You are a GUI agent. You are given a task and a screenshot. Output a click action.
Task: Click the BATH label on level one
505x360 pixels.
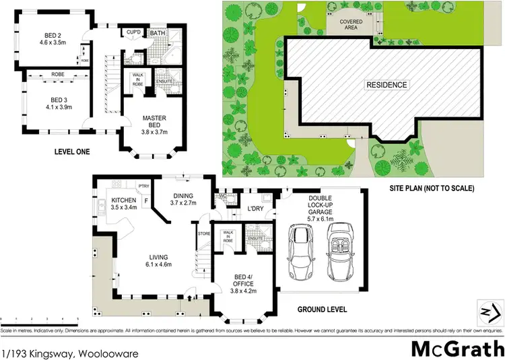tap(158, 32)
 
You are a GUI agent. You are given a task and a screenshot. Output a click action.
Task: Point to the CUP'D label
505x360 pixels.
tap(133, 32)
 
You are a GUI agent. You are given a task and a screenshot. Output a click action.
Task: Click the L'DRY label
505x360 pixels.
tap(255, 209)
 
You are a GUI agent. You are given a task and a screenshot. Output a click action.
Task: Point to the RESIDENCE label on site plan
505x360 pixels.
tap(386, 85)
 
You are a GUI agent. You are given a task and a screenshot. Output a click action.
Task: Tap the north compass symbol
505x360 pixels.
tap(490, 312)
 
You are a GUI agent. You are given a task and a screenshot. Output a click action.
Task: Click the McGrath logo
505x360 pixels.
tap(458, 349)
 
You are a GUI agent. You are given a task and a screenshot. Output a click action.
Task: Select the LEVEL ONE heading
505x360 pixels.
tap(72, 152)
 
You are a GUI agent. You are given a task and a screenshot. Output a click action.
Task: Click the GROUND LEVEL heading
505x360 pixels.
tap(322, 310)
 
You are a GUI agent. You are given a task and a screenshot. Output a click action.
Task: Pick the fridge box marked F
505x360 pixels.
tap(147, 201)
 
